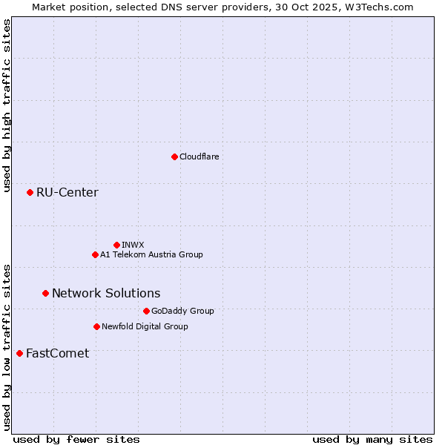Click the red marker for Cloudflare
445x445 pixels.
pos(174,156)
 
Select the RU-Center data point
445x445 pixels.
pos(30,193)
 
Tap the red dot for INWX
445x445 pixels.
pos(116,245)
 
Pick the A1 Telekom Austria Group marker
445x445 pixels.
pos(95,254)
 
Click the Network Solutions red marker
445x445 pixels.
pos(45,293)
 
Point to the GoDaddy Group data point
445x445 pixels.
pos(146,311)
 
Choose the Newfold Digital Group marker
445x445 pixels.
pos(96,326)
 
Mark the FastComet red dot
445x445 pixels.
pos(19,353)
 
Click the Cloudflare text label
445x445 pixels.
pos(199,156)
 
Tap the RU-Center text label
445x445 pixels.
pos(67,193)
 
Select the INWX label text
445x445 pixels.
pos(133,245)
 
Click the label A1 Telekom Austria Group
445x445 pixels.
pos(151,254)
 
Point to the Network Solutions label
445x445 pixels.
pos(106,293)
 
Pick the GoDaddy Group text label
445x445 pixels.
pos(182,311)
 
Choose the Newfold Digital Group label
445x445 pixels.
pos(145,326)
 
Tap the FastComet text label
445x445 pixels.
pos(57,353)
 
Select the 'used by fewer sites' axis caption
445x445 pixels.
pos(76,439)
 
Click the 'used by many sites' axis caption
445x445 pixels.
pos(372,439)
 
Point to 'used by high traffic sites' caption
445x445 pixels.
pos(7,105)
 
